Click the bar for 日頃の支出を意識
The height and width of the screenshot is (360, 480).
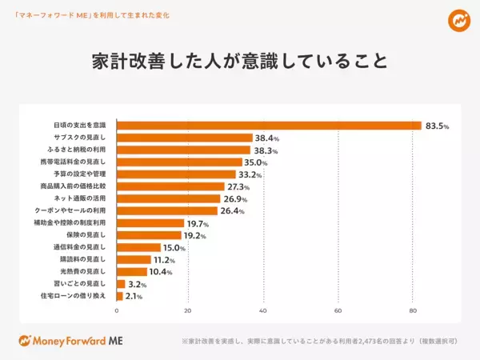tap(269, 126)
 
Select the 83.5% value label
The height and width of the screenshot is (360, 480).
tap(437, 126)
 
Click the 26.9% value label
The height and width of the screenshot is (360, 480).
tap(235, 198)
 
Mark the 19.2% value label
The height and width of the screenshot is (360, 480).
tap(196, 235)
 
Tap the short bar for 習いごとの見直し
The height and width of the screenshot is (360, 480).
tap(121, 283)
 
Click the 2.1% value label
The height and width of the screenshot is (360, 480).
tap(133, 296)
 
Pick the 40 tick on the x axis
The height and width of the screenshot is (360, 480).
tap(263, 310)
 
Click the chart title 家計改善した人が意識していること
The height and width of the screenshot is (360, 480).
tap(239, 62)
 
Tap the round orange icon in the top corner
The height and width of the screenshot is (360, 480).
tap(458, 19)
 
